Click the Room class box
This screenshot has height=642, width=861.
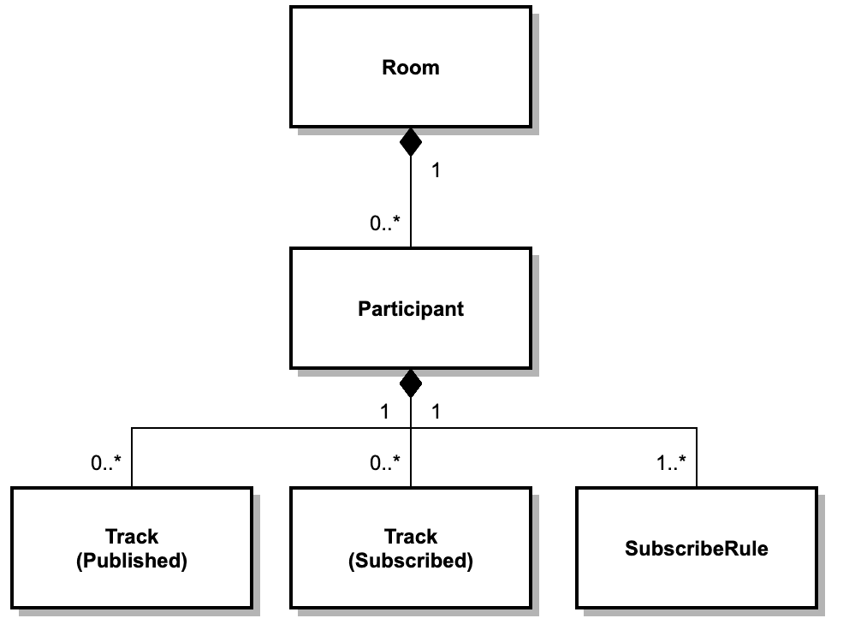pyautogui.click(x=410, y=94)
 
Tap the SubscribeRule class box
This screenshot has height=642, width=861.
pyautogui.click(x=696, y=574)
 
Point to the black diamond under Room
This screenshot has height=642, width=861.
pyautogui.click(x=411, y=141)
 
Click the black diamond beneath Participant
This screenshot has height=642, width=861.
pyautogui.click(x=411, y=383)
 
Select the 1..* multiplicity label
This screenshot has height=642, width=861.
pyautogui.click(x=670, y=463)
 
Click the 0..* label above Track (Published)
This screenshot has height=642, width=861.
pyautogui.click(x=106, y=463)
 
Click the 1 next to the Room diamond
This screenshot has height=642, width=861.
pyautogui.click(x=436, y=170)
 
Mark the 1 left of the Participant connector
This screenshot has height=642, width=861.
pyautogui.click(x=384, y=412)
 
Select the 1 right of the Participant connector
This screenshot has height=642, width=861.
pyautogui.click(x=436, y=412)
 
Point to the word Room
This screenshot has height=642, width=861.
pyautogui.click(x=410, y=68)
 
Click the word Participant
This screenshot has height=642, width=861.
pyautogui.click(x=410, y=309)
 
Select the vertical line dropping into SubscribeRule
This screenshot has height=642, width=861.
pyautogui.click(x=697, y=457)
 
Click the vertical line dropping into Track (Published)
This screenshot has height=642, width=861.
pyautogui.click(x=132, y=457)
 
